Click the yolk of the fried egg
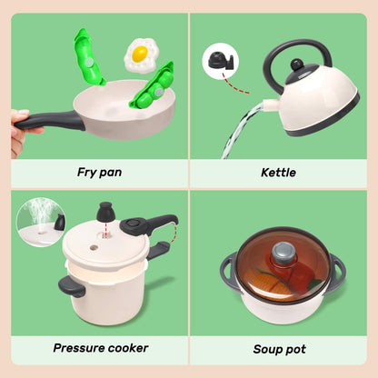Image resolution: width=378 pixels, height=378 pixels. [x=139, y=54]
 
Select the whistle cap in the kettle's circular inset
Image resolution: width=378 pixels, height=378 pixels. [x=220, y=60]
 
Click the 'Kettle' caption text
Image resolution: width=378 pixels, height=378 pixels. [x=278, y=171]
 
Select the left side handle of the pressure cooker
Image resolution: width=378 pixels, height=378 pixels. [x=72, y=288]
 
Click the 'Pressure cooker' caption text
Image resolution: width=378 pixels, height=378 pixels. [x=101, y=347]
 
